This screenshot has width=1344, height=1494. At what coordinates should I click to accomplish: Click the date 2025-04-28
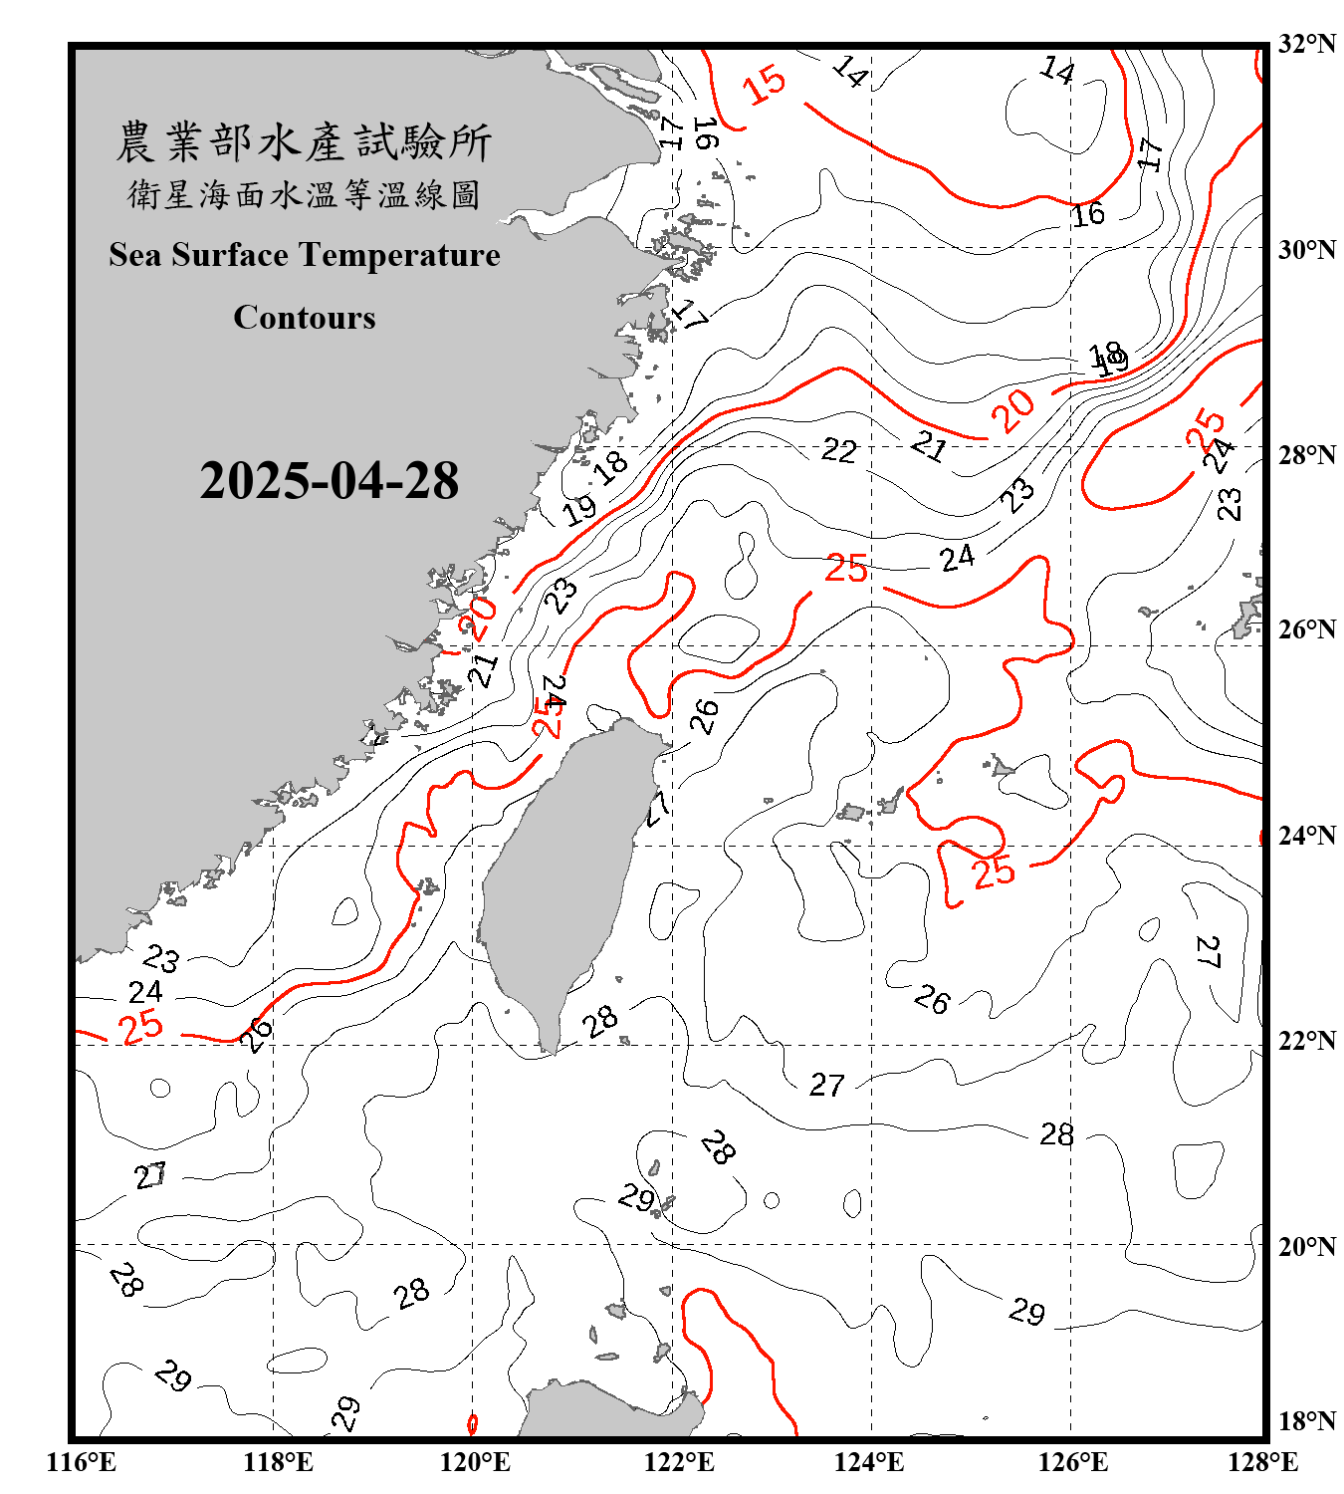(329, 481)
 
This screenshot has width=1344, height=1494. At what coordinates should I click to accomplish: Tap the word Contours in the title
(305, 318)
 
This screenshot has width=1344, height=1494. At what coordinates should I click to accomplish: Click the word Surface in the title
(230, 256)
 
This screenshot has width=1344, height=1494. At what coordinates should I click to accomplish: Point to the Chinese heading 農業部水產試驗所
(304, 142)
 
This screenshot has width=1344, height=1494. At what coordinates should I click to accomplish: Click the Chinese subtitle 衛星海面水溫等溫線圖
(304, 194)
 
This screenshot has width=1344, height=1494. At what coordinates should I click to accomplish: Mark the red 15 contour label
(765, 85)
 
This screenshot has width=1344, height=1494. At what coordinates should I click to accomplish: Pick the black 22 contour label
(838, 451)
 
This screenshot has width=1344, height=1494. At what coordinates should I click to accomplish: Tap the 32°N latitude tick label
(1306, 44)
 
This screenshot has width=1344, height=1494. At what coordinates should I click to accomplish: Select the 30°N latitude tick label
(1306, 250)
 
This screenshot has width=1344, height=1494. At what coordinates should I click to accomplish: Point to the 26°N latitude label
(1306, 629)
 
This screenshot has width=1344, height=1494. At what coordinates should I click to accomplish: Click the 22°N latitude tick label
(1306, 1041)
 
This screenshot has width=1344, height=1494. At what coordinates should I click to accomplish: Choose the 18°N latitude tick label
(1306, 1421)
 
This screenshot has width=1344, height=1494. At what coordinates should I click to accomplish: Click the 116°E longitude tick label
(82, 1462)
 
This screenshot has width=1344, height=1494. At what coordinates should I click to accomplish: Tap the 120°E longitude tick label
(475, 1462)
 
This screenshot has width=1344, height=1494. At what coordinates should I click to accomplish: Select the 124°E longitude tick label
(869, 1462)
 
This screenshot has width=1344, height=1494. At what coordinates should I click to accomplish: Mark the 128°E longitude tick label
(1262, 1462)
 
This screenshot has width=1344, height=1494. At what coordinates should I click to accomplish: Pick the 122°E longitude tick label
(679, 1462)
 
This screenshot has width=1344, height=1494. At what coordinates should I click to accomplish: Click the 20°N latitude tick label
(1306, 1247)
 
